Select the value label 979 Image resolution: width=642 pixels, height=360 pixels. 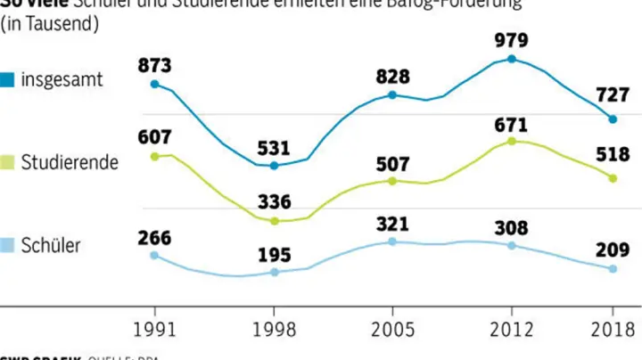pos(512,40)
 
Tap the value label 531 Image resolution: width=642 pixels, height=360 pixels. pos(274,145)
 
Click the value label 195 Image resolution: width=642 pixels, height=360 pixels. pos(274,255)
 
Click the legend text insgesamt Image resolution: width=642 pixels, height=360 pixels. pos(62,79)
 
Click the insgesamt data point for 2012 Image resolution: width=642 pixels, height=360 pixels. pos(512,59)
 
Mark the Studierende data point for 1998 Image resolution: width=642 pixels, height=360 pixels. pos(274,221)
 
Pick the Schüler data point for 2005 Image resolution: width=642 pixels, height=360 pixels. pos(392,241)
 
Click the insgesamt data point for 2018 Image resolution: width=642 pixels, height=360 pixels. pos(613,119)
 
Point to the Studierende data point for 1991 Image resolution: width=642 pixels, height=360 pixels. pos(154,156)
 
